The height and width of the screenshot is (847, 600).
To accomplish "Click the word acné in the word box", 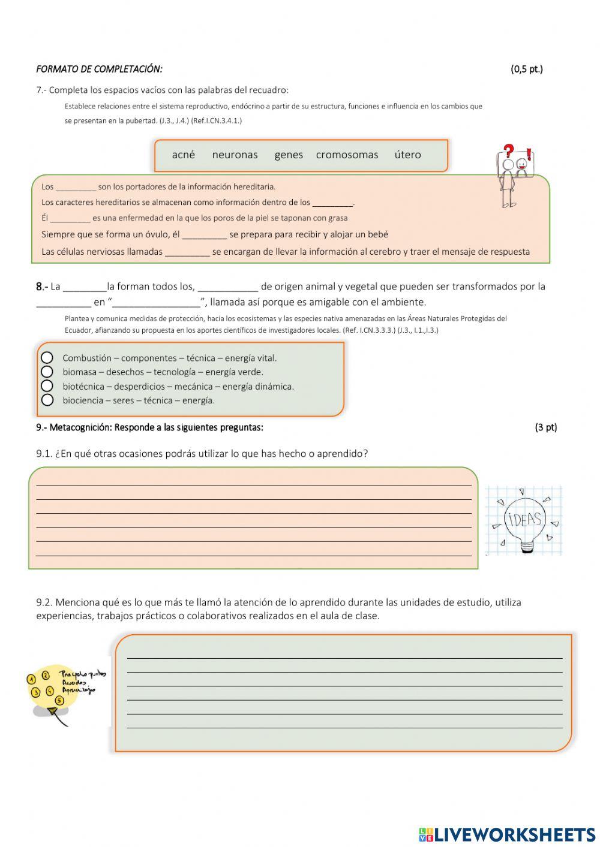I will pyautogui.click(x=183, y=155).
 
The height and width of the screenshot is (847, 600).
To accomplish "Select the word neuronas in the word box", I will pyautogui.click(x=235, y=155).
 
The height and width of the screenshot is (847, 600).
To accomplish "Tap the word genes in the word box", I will pyautogui.click(x=289, y=155).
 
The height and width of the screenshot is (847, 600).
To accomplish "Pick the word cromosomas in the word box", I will pyautogui.click(x=347, y=155).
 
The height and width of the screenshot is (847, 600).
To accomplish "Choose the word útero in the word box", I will pyautogui.click(x=407, y=155).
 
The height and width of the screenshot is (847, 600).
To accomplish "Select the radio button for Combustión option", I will pyautogui.click(x=47, y=358).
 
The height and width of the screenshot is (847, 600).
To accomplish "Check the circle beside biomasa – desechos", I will pyautogui.click(x=47, y=372).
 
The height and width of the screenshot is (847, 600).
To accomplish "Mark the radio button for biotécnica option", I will pyautogui.click(x=47, y=386).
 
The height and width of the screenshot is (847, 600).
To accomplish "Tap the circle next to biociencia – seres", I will pyautogui.click(x=47, y=400).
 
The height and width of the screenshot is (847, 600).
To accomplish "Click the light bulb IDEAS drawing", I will pyautogui.click(x=524, y=520).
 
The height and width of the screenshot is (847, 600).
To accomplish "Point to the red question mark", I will pyautogui.click(x=509, y=151).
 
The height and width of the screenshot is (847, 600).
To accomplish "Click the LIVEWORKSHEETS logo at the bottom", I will pyautogui.click(x=507, y=834).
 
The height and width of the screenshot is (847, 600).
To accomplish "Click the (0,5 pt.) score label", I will pyautogui.click(x=526, y=69).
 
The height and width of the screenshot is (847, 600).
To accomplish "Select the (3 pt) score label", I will pyautogui.click(x=545, y=427).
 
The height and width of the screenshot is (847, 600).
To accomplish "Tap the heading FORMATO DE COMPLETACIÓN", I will pyautogui.click(x=99, y=69).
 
